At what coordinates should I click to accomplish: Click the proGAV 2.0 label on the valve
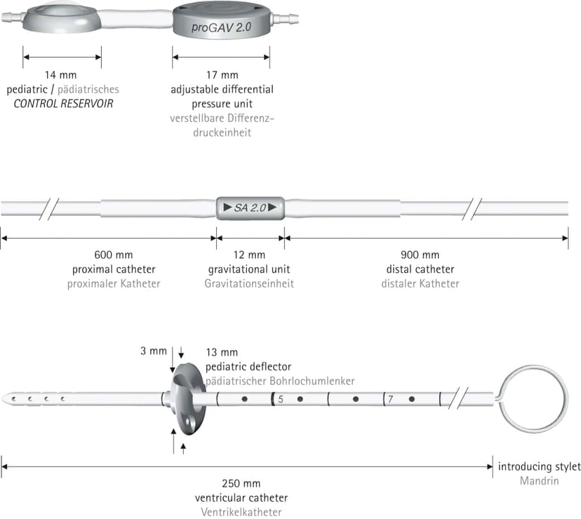(x=221, y=27)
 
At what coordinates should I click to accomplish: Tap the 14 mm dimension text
(x=61, y=75)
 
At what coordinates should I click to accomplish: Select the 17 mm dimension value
(x=222, y=75)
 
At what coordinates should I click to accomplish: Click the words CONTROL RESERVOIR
(x=63, y=103)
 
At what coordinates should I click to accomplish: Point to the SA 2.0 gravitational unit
(x=250, y=208)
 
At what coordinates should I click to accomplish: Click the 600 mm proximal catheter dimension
(x=114, y=255)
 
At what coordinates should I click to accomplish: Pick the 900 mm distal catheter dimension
(x=420, y=255)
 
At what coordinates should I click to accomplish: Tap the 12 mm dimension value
(x=249, y=255)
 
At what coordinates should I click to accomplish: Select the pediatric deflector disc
(x=188, y=398)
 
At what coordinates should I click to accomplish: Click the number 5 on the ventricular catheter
(x=281, y=399)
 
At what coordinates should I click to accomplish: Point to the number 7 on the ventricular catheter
(x=390, y=399)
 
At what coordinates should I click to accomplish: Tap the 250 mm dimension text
(x=241, y=483)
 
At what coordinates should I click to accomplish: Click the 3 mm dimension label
(x=154, y=351)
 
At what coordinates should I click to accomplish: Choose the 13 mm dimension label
(x=222, y=352)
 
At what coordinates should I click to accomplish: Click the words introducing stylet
(x=539, y=466)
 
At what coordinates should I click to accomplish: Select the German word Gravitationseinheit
(x=249, y=284)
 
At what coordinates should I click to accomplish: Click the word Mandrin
(x=539, y=481)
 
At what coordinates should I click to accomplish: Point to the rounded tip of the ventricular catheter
(x=4, y=399)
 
